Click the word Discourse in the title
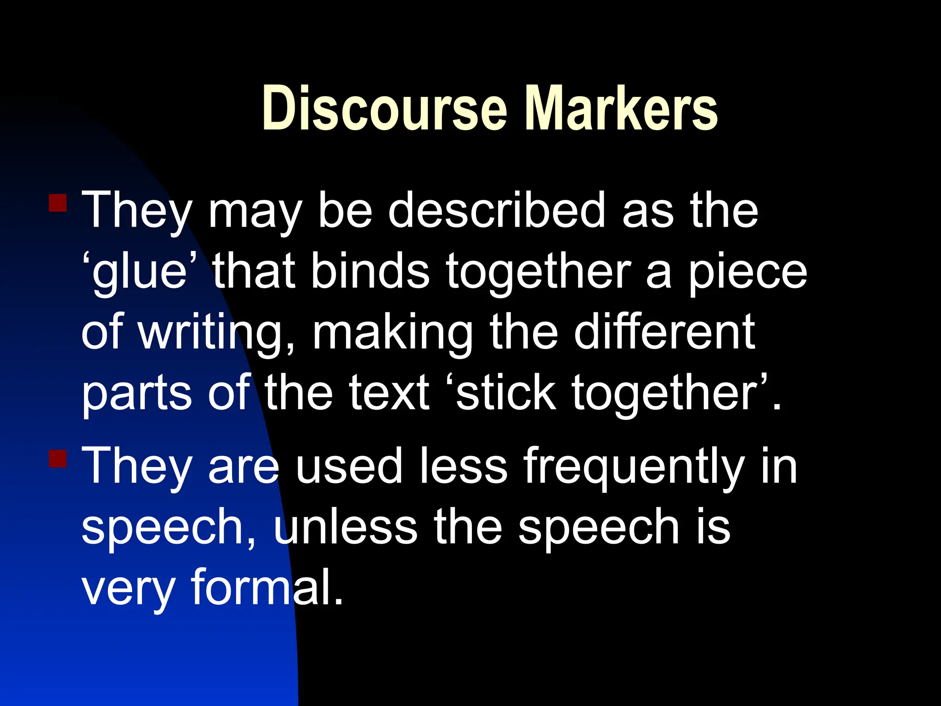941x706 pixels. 384,108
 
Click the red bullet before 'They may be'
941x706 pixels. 58,203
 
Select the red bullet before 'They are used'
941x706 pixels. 58,458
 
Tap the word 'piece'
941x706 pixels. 747,272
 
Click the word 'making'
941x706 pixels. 393,333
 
